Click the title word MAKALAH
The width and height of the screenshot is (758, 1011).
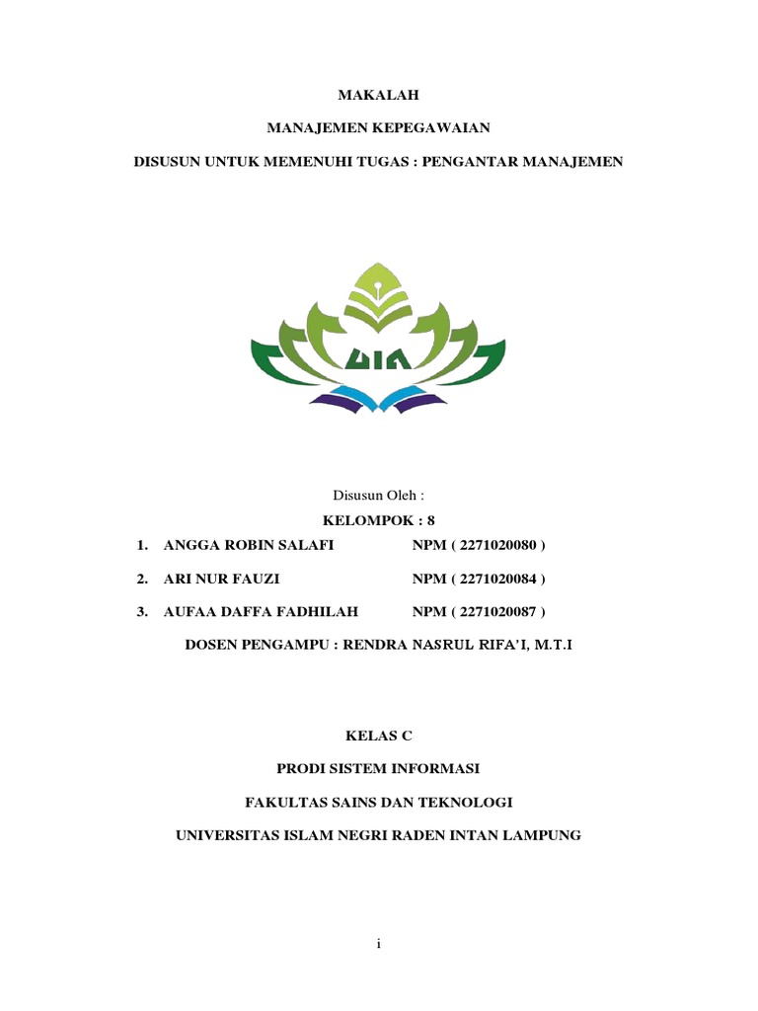[379, 95]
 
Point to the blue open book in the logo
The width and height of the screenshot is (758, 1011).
[378, 399]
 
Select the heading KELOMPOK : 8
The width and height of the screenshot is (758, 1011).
[379, 519]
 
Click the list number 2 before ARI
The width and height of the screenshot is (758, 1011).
[143, 579]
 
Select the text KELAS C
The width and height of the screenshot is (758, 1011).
[379, 736]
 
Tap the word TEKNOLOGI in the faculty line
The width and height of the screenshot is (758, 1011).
[464, 802]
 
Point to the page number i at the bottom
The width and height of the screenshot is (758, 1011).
[379, 945]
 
